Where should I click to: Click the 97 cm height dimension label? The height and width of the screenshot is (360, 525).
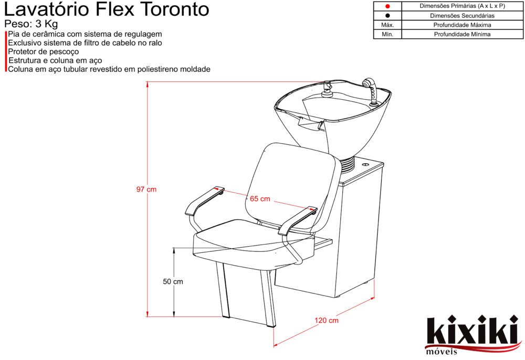coord(146,189)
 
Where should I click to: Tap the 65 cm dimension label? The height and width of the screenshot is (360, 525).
coord(260,199)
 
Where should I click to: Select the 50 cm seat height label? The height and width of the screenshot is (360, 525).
coord(173,282)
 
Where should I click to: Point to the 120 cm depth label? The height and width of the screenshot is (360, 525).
coord(327,321)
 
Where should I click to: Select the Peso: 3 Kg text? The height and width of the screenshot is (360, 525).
coord(31,24)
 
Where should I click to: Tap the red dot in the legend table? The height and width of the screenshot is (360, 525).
coord(387,6)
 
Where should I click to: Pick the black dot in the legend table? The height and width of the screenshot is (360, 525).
coord(387,15)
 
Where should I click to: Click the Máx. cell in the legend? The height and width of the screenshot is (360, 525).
coord(387,25)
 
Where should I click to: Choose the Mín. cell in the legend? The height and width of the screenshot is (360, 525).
coord(387,34)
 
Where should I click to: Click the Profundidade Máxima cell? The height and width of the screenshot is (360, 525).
coord(462,25)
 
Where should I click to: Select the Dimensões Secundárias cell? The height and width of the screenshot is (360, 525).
coord(462,15)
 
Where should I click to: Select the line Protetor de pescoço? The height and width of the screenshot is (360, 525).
coord(43,51)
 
